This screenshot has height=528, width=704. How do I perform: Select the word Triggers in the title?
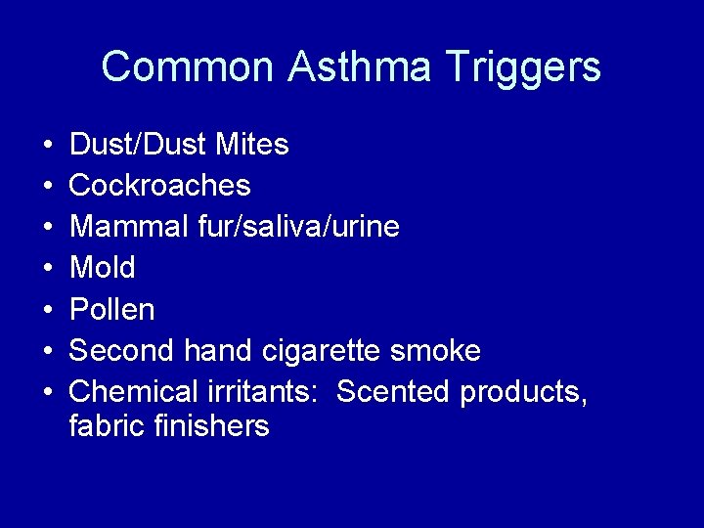click(x=522, y=67)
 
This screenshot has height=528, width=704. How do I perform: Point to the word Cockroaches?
click(x=160, y=186)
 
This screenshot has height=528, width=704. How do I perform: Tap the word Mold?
click(x=103, y=268)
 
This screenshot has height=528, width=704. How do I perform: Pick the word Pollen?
click(x=112, y=310)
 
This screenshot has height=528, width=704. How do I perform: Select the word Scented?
click(x=394, y=391)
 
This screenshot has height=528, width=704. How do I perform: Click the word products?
click(x=523, y=392)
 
